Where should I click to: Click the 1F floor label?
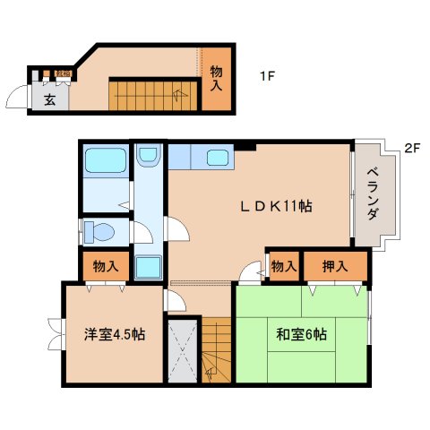tap(266, 76)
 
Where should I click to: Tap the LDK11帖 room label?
tap(275, 206)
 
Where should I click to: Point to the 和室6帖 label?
tap(301, 334)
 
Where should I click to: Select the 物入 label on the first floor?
tap(216, 79)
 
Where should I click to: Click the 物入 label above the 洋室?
tap(105, 266)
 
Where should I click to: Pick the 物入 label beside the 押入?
tap(283, 266)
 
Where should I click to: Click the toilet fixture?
tap(100, 232)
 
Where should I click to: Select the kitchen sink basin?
tap(218, 158)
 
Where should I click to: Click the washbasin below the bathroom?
tap(147, 159)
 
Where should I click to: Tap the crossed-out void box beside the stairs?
tap(182, 350)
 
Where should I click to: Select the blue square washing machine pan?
tap(148, 267)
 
